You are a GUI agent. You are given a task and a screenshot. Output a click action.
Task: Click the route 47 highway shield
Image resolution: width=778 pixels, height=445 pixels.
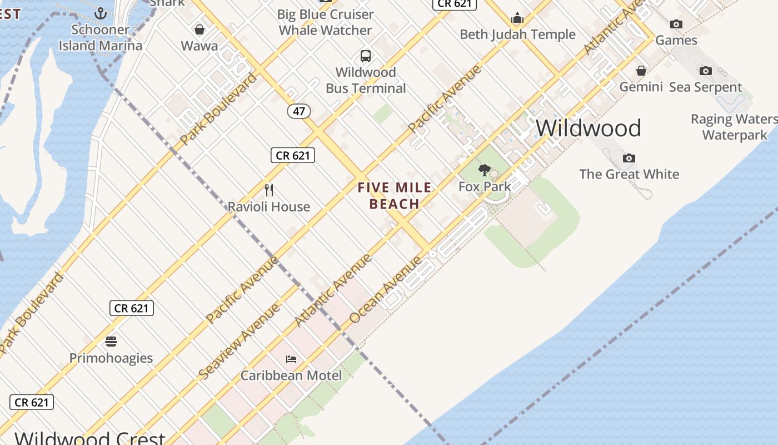coord(299,111)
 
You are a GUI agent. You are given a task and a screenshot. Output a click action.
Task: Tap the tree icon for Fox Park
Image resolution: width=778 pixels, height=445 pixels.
coord(485,170)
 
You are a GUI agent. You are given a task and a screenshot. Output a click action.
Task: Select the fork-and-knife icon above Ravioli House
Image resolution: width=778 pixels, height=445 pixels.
coord(269,190)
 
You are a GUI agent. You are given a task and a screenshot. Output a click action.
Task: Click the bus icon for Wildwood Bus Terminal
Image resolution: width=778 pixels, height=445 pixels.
coord(366,56)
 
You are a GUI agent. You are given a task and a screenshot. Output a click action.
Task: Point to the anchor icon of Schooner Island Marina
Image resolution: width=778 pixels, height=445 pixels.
coord(101,13)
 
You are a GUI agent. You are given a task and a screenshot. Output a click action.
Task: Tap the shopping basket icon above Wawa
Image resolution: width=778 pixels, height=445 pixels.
coord(200,29)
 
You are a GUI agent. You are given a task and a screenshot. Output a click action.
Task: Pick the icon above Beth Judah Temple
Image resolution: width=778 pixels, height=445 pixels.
coord(518,18)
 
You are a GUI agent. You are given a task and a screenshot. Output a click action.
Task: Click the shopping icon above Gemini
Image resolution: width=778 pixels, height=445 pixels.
coord(641,71)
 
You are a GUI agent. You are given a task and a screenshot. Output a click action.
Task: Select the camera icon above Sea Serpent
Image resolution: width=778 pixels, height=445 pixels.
coord(706,71)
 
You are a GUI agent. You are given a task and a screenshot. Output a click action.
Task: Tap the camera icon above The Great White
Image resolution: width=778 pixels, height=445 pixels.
coord(629,158)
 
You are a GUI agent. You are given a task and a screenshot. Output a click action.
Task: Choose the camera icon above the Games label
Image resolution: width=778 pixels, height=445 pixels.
coord(676,24)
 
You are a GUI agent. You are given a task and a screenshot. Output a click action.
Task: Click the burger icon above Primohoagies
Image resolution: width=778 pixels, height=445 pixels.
coord(111,341)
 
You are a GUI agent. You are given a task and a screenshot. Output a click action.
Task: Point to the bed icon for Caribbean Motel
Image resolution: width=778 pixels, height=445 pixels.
coord(291,359)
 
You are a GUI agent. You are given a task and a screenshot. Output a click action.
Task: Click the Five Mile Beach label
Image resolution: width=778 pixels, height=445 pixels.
coord(395,196)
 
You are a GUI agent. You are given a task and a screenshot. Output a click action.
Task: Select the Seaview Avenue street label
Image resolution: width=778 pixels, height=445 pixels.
coord(240,342)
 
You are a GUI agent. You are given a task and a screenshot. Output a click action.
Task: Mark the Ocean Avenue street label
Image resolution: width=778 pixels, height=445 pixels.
coord(386,289)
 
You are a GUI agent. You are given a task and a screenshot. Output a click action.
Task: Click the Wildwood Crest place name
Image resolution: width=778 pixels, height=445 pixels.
coord(90,438)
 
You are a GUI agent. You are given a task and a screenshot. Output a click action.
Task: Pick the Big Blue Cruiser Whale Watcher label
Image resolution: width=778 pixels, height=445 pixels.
coord(326,22)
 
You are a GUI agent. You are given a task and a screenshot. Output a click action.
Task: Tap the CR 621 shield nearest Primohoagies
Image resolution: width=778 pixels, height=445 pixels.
coord(132,308)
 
